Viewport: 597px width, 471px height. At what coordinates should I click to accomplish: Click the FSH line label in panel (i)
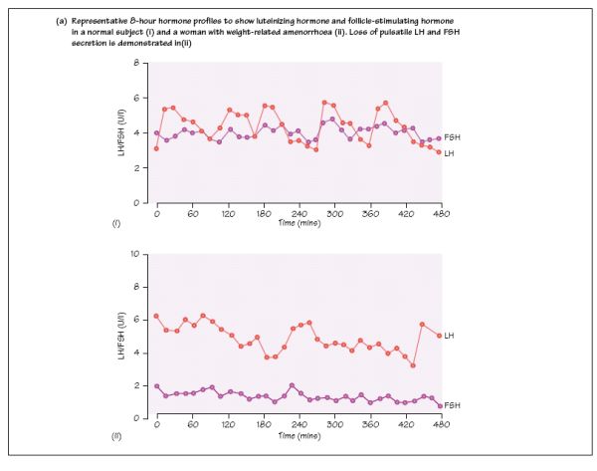pyautogui.click(x=454, y=136)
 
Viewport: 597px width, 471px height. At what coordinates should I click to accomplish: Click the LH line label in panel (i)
pyautogui.click(x=450, y=152)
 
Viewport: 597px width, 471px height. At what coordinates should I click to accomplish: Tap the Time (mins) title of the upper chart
pyautogui.click(x=298, y=223)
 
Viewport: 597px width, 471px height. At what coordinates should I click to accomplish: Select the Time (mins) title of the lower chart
pyautogui.click(x=298, y=436)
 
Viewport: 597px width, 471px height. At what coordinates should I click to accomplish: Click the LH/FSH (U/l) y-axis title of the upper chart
pyautogui.click(x=121, y=134)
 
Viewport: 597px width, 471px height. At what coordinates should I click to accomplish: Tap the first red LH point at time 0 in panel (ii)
pyautogui.click(x=156, y=316)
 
